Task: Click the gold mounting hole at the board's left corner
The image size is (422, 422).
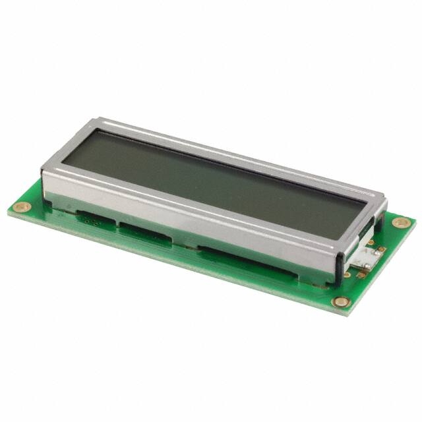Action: pyautogui.click(x=22, y=207)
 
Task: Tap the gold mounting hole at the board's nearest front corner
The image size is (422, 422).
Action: pyautogui.click(x=341, y=302)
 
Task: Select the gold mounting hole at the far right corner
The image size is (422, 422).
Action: pyautogui.click(x=402, y=222)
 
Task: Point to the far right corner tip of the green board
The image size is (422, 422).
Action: pyautogui.click(x=415, y=220)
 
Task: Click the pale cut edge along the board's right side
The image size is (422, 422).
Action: pyautogui.click(x=382, y=270)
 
